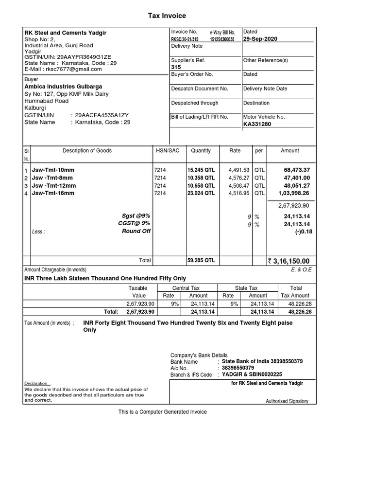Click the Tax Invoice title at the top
click(x=167, y=16)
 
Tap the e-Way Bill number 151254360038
click(x=222, y=39)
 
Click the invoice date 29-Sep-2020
click(x=260, y=39)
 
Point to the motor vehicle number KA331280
click(x=257, y=124)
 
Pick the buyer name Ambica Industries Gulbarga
click(x=63, y=87)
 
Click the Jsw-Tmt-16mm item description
click(x=53, y=193)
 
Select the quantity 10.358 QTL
click(x=201, y=178)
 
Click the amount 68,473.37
click(x=296, y=170)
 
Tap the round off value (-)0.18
click(x=304, y=231)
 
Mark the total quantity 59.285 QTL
click(x=201, y=261)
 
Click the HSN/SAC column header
click(x=168, y=151)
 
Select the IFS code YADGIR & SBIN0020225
click(x=252, y=374)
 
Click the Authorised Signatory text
click(x=287, y=401)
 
